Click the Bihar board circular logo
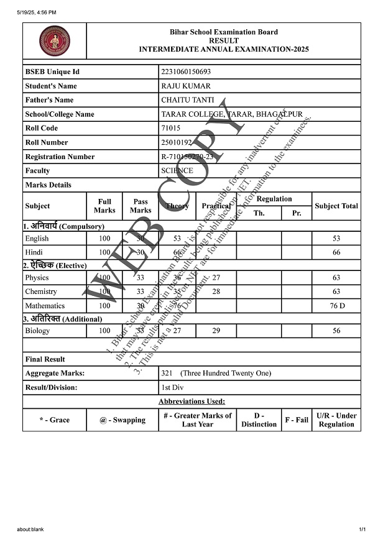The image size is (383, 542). tap(54, 40)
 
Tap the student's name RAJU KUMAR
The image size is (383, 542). tap(186, 86)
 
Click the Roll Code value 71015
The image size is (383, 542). tap(170, 129)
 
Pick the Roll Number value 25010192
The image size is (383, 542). tap(177, 143)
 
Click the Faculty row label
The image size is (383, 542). tap(37, 171)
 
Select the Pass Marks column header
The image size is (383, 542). tap(141, 206)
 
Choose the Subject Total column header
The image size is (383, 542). tap(336, 206)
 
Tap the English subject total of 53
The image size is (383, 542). tap(336, 239)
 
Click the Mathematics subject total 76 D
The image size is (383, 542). tap(336, 306)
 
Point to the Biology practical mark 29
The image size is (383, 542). tap(216, 331)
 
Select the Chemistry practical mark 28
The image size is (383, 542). tap(216, 292)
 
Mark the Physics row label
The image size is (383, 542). tap(37, 278)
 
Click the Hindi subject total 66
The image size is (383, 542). tap(336, 252)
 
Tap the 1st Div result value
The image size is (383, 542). tap(173, 387)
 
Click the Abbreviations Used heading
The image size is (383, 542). tap(191, 402)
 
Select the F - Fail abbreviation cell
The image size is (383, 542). tap(297, 420)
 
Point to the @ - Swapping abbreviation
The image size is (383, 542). tap(122, 420)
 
